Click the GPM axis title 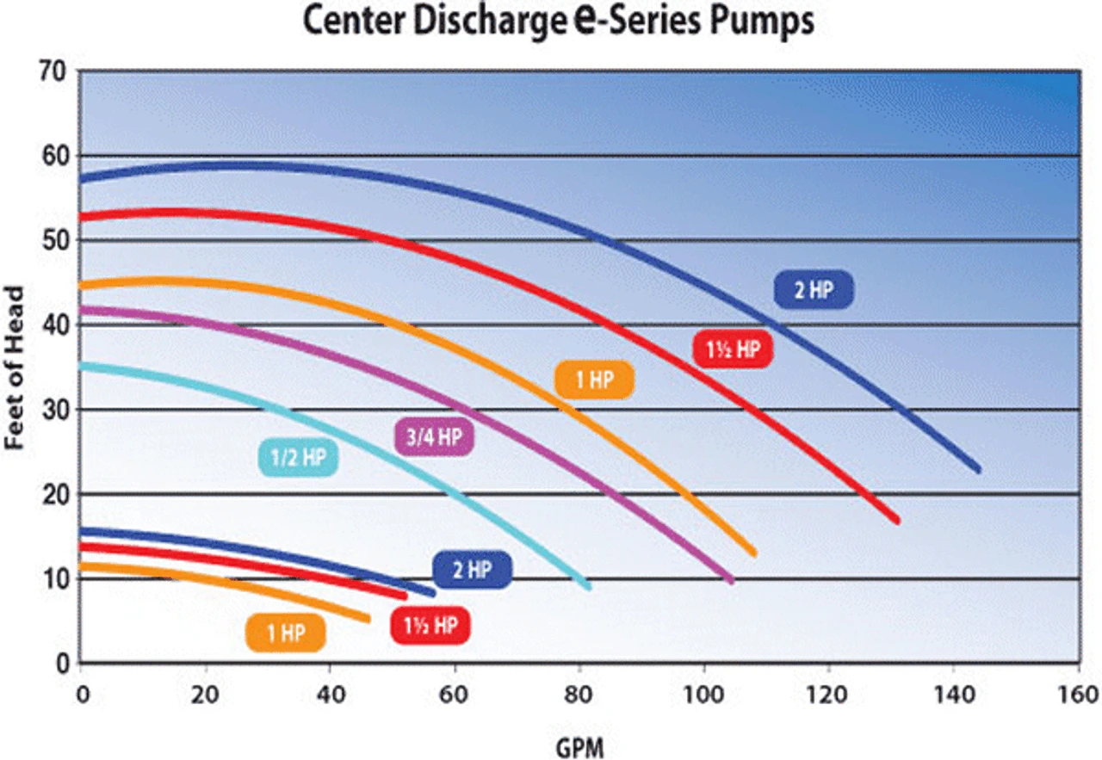(579, 745)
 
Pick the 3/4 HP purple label (434, 437)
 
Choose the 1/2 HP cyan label (299, 457)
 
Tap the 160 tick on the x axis (1080, 694)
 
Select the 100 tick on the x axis (703, 694)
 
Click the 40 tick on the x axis (330, 694)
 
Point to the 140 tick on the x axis (954, 694)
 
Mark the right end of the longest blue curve (978, 469)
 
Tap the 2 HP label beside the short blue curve (472, 569)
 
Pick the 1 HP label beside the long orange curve (594, 380)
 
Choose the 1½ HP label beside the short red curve (430, 626)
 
